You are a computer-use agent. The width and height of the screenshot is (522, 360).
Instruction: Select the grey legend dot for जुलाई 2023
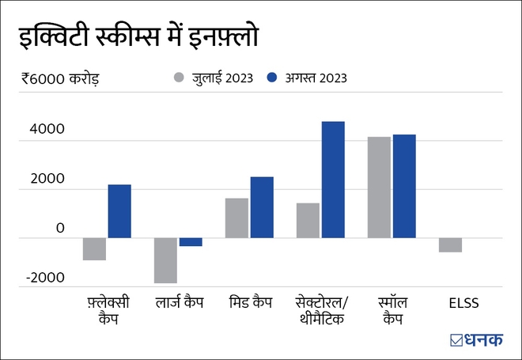coord(179,78)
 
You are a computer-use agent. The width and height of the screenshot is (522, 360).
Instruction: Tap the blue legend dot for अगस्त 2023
coord(272,78)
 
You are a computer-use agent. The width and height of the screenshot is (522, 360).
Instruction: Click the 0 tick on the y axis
coord(60,228)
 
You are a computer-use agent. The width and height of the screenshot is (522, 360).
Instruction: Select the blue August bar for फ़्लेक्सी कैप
coord(119,210)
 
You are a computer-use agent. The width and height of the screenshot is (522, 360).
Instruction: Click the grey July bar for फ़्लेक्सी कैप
coord(95,248)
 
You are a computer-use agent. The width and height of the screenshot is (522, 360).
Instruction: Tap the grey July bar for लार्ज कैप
coord(165,260)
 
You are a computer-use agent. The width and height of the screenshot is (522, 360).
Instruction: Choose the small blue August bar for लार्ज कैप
coord(191,242)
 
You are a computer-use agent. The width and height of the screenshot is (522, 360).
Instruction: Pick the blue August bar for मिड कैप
coord(262,207)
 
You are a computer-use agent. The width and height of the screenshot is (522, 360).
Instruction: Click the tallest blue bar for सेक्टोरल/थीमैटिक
coord(333,180)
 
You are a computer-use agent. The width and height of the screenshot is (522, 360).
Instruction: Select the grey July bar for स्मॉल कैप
coord(379,187)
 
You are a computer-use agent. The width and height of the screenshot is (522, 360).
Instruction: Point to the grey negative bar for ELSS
coord(450,244)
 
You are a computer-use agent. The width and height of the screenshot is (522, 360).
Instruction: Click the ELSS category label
coord(463,302)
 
